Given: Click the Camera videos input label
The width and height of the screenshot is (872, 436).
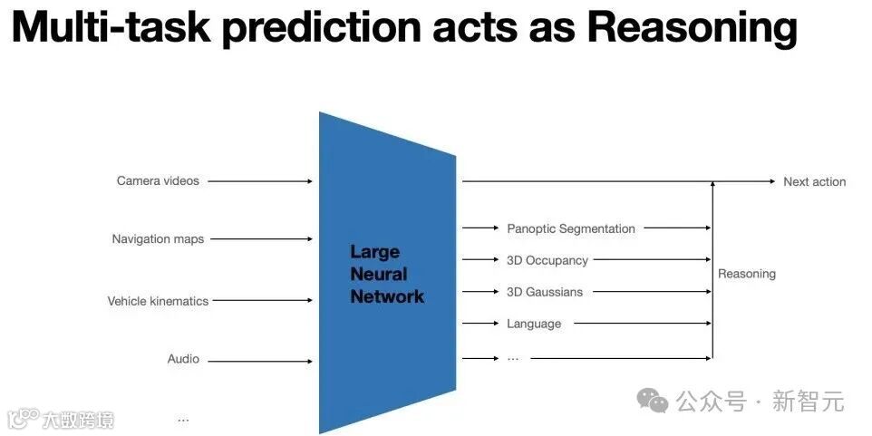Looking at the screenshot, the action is [x=158, y=181].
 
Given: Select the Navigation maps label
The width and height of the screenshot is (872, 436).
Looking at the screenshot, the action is [x=158, y=239].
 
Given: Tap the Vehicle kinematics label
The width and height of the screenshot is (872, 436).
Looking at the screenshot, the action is [x=158, y=301].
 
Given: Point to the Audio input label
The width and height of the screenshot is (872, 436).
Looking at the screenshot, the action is [x=183, y=359].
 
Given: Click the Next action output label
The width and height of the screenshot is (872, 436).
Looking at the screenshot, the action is [x=814, y=182].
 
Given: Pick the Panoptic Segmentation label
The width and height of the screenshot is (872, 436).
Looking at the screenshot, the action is [x=571, y=229].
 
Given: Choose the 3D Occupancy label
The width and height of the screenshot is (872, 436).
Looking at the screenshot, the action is [x=547, y=261].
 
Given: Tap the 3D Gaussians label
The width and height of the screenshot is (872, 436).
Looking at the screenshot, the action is [x=545, y=292].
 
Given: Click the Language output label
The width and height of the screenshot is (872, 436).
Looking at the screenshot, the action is [x=534, y=324].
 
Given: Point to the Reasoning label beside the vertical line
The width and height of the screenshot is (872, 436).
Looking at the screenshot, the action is [x=747, y=274].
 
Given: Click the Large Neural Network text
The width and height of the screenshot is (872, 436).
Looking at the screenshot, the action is [x=387, y=274].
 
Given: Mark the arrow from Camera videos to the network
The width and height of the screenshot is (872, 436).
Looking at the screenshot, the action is [x=260, y=181].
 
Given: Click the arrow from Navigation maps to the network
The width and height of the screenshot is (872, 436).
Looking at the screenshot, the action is [x=263, y=239].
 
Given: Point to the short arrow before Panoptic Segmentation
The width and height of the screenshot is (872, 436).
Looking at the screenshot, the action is [x=480, y=229].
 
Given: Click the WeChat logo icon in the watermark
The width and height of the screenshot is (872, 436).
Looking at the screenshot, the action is [x=652, y=399].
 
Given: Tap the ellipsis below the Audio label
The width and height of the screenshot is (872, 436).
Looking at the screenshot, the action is [x=183, y=419].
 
